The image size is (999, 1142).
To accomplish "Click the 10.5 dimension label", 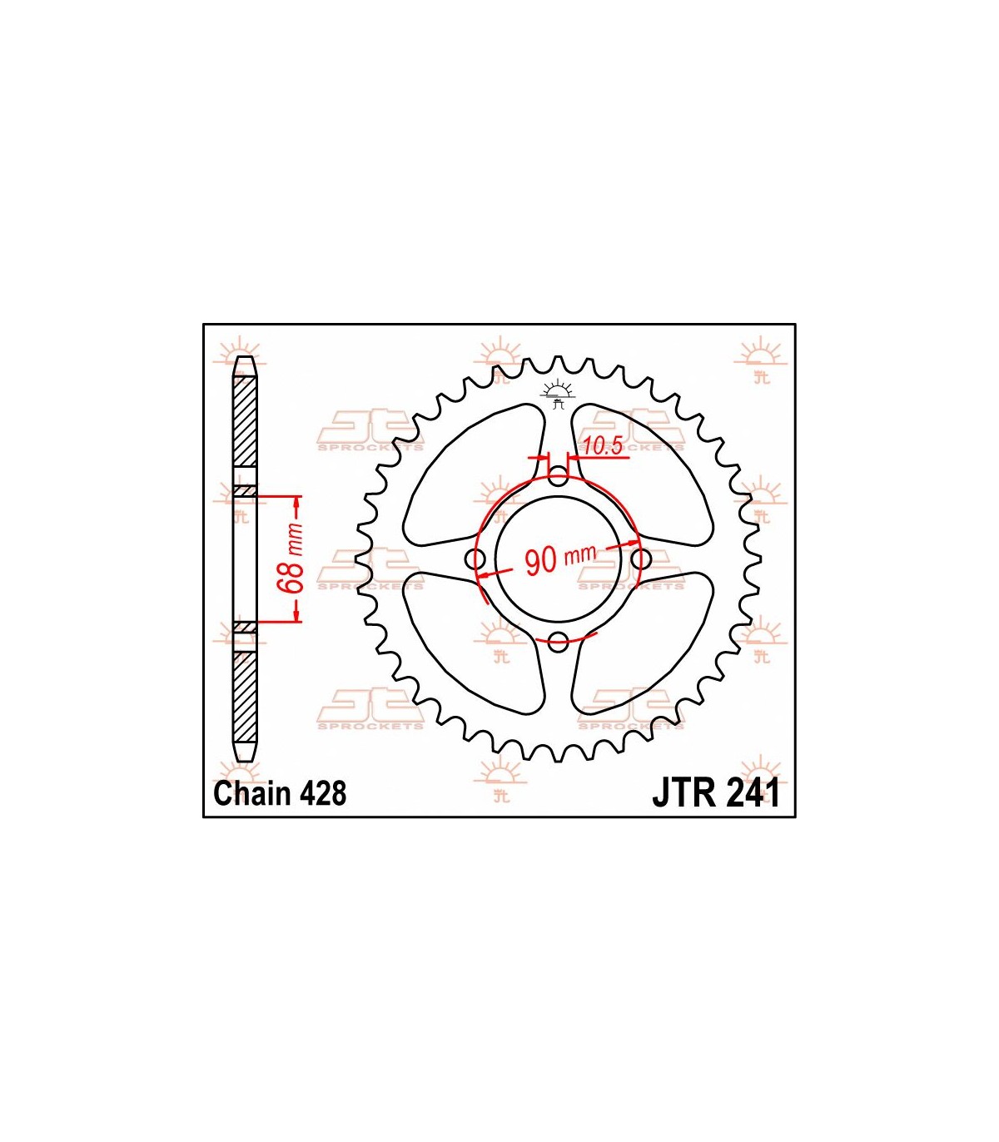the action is click(x=602, y=446).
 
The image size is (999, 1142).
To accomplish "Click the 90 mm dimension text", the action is click(x=560, y=559).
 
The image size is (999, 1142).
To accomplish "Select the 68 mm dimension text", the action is click(x=296, y=559).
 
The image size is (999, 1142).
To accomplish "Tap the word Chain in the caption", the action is click(x=253, y=794).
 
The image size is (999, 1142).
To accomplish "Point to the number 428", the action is click(x=323, y=794).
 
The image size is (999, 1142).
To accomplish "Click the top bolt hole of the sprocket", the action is click(x=559, y=478).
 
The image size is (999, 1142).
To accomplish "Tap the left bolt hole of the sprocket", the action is click(x=477, y=559).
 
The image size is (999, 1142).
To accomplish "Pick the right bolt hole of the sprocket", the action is click(x=641, y=559).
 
